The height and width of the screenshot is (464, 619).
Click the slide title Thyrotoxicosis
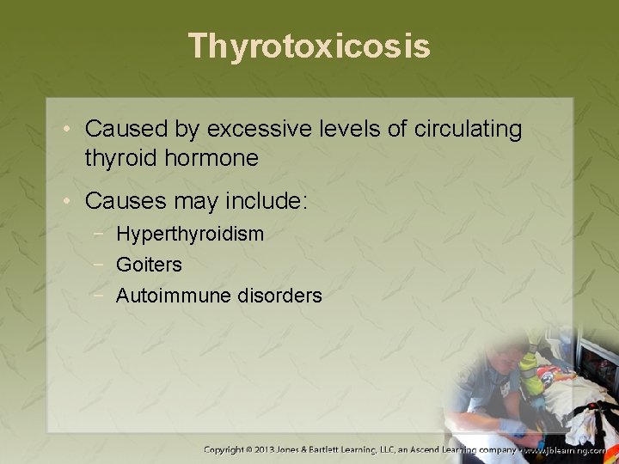pos(309,46)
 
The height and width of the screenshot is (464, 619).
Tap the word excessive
pos(243,130)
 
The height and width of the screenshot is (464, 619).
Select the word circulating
pos(469,130)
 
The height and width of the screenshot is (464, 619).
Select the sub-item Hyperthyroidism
pos(190,234)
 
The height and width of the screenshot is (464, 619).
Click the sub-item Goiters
pos(149,265)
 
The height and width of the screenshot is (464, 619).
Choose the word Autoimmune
pos(169,296)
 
